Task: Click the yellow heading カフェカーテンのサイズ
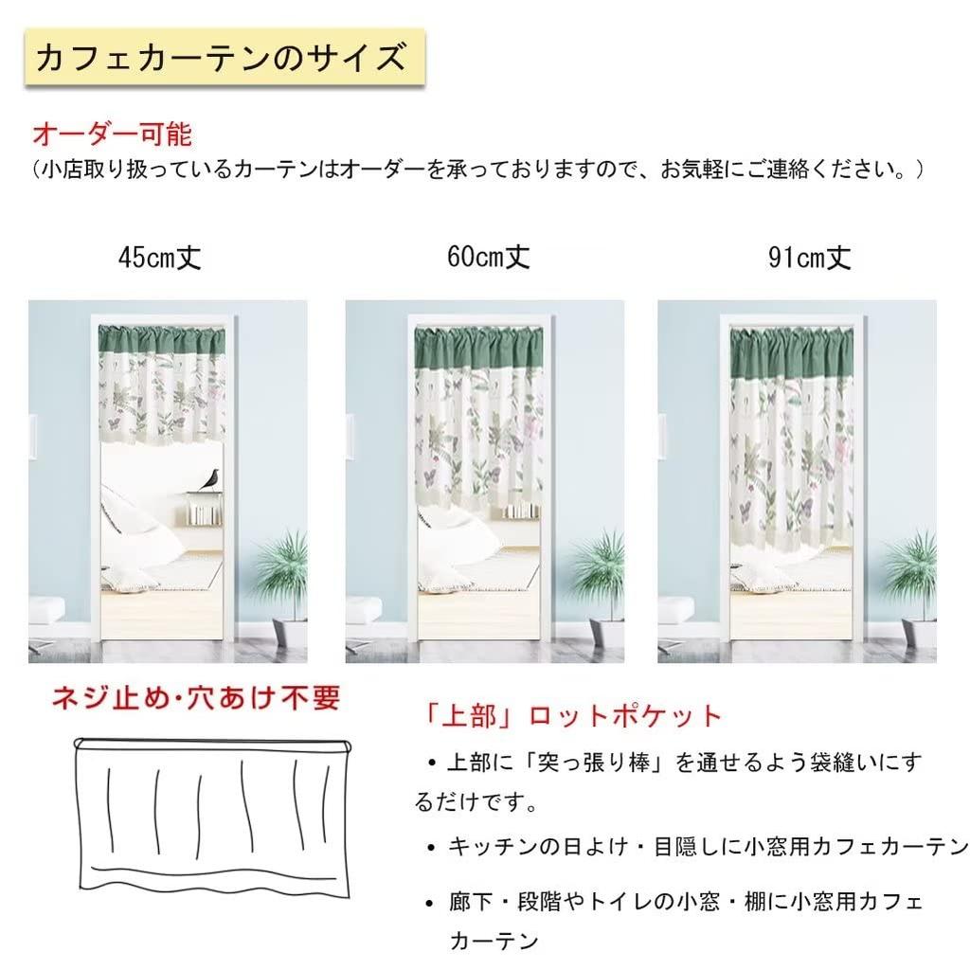[x=221, y=59]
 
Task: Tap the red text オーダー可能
[x=112, y=134]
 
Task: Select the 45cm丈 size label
[x=160, y=257]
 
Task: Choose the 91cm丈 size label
[x=810, y=258]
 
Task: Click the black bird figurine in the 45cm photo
[x=205, y=479]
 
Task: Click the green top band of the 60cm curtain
[x=476, y=339]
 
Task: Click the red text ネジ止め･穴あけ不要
[x=196, y=700]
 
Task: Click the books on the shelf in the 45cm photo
[x=203, y=512]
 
